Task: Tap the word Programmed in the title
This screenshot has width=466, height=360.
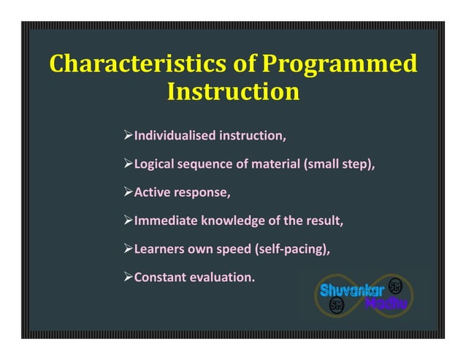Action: (339, 64)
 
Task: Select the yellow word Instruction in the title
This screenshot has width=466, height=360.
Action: (233, 93)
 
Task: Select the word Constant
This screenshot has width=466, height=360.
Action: (158, 277)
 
